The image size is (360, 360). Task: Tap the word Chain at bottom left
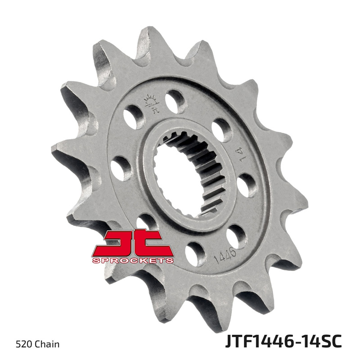47,344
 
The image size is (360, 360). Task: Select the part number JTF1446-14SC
283,341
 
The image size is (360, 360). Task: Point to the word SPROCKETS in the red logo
133,261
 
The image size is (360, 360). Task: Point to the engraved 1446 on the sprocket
225,256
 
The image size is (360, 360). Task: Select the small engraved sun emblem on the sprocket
152,103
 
